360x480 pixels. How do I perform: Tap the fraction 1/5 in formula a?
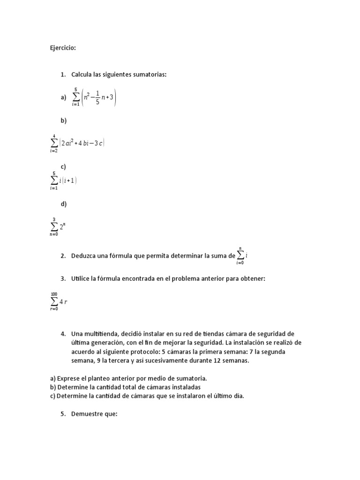[x=97, y=97]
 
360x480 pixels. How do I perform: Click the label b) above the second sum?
[x=63, y=120]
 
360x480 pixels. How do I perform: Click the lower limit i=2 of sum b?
[x=54, y=150]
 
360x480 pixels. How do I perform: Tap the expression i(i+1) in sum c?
[x=68, y=180]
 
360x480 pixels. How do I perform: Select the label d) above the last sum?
[x=63, y=203]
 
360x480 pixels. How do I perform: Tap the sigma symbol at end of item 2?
[x=240, y=255]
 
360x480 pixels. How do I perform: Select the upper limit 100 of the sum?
[x=54, y=294]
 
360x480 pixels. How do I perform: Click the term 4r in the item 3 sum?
[x=63, y=301]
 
